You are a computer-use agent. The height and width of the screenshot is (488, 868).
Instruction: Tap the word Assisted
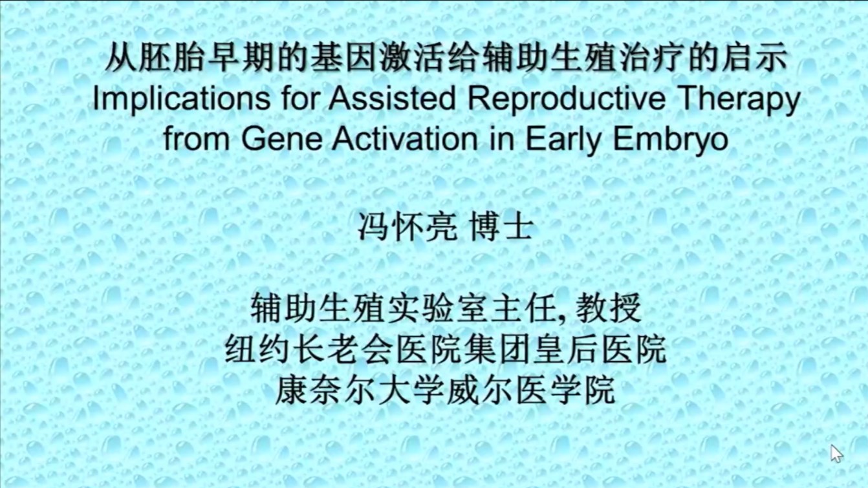click(392, 98)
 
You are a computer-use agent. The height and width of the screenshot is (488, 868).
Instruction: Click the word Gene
click(282, 139)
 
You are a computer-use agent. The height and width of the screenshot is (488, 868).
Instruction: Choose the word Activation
click(405, 139)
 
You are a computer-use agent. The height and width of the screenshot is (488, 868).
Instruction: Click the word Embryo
click(671, 140)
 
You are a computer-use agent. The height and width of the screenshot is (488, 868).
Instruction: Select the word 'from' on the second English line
click(197, 139)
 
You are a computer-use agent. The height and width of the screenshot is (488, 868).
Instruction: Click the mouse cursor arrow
click(836, 454)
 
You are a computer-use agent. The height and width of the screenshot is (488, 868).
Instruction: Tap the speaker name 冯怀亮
click(407, 227)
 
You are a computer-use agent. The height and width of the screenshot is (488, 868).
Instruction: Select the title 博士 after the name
click(501, 227)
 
